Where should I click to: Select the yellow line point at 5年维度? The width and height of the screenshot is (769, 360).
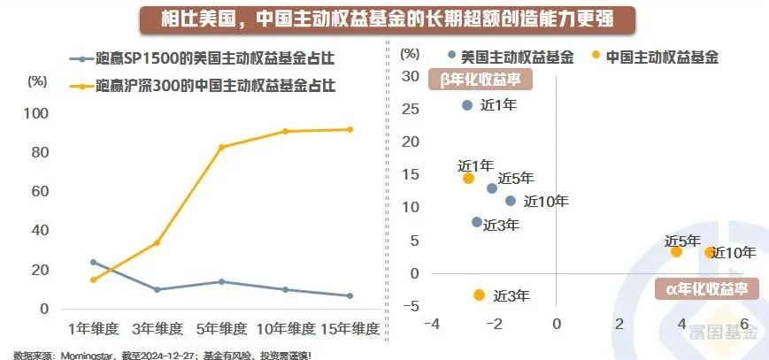pos(222,147)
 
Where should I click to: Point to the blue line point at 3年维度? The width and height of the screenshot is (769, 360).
pos(158,289)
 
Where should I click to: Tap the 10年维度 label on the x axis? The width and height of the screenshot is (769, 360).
pos(286,329)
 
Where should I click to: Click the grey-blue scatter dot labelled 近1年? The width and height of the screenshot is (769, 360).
pos(468,105)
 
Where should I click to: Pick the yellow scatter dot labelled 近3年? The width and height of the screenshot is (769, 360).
pos(479,295)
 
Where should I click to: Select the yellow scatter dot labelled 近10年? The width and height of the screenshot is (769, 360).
pos(710,252)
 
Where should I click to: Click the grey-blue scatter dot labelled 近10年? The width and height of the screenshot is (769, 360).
pos(511,201)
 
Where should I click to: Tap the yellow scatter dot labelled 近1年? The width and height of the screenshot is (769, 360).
pos(468,178)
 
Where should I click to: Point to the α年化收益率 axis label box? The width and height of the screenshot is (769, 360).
pos(700,288)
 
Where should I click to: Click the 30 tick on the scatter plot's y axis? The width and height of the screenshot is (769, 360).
pos(409,76)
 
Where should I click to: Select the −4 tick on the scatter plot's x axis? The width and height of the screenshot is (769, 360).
pos(432,324)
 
